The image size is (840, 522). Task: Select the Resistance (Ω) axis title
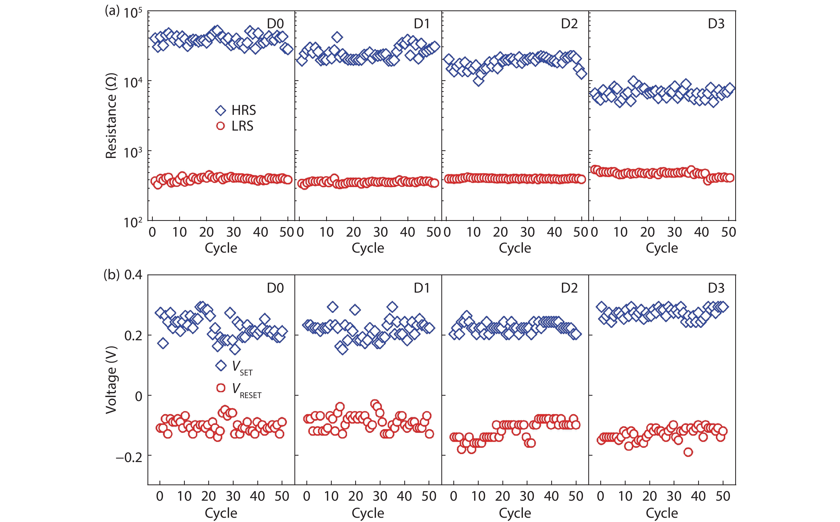(111, 116)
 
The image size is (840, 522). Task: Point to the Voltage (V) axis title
(111, 379)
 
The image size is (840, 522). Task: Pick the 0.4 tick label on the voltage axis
(133, 275)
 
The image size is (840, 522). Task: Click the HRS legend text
(244, 111)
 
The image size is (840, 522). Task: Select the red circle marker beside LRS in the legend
(220, 126)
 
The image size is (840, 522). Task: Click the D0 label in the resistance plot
(275, 23)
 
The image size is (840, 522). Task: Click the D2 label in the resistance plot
(569, 23)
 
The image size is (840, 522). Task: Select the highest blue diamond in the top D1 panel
(337, 37)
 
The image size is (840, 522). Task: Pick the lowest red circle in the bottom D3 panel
(688, 452)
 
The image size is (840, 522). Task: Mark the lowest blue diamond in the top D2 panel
(478, 81)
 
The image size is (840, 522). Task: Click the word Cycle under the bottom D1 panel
(368, 513)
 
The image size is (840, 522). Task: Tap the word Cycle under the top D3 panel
(662, 248)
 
